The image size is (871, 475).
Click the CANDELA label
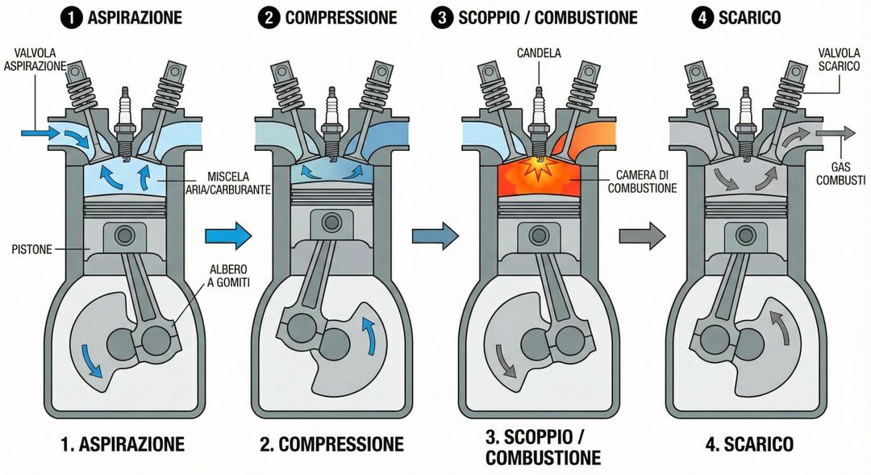click(540, 53)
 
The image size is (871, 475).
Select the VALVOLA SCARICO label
click(839, 60)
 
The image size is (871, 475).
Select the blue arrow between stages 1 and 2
click(228, 236)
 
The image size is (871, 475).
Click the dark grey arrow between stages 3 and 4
click(643, 236)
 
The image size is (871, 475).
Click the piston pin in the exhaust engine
click(741, 235)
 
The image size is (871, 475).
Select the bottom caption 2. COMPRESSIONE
click(331, 444)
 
